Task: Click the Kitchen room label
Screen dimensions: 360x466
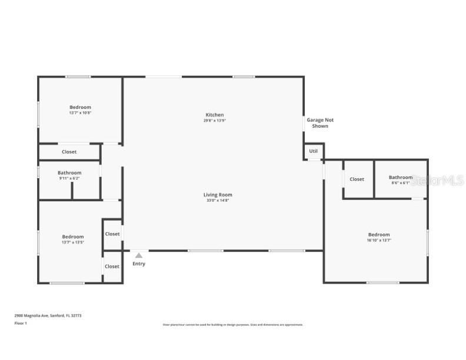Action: (x=214, y=115)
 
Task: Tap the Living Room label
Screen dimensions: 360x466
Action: (x=218, y=195)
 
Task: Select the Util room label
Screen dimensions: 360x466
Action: (x=314, y=151)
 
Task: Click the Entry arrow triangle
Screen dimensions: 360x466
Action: (x=139, y=256)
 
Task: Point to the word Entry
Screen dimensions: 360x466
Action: (x=139, y=264)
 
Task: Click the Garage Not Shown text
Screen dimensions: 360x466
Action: (x=320, y=123)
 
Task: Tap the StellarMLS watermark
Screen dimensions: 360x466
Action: (x=438, y=180)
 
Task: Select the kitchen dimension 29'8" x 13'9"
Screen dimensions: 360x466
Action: (x=214, y=121)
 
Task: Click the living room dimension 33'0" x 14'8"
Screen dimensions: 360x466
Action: (x=216, y=201)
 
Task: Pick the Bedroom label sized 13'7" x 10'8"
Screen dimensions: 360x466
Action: (x=80, y=107)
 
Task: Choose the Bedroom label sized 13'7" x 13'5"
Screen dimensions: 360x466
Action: (x=73, y=236)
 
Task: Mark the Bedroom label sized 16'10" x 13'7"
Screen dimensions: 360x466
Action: (x=379, y=235)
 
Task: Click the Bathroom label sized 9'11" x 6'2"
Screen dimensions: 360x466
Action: (x=69, y=173)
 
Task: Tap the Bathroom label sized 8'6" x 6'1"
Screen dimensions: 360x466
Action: (x=401, y=177)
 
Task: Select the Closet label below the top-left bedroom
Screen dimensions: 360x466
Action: (x=69, y=152)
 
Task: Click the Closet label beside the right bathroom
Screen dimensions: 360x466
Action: (x=357, y=179)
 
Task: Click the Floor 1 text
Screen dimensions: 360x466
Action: (x=21, y=323)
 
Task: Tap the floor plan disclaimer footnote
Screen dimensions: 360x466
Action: (x=233, y=325)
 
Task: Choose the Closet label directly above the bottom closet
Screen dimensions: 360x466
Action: (x=112, y=234)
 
